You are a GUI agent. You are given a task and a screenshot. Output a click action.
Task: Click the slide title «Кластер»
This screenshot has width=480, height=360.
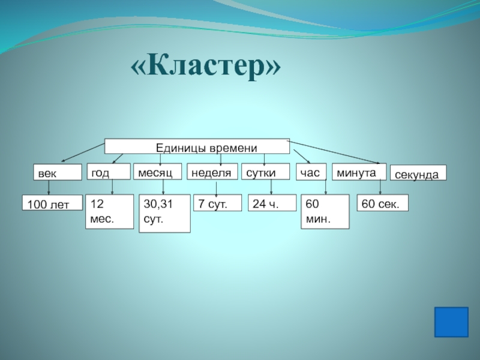click(206, 67)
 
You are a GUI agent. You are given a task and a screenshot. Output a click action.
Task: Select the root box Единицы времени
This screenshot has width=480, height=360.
click(197, 146)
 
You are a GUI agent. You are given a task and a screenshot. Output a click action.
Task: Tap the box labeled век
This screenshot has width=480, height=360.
click(57, 173)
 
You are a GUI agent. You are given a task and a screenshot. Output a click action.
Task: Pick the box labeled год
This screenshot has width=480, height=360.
click(109, 172)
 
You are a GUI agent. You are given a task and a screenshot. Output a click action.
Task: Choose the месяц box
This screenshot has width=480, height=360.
click(157, 172)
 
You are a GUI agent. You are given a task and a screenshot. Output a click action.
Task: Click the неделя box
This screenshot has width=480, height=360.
click(212, 172)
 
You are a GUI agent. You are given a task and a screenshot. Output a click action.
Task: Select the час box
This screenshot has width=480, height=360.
click(311, 172)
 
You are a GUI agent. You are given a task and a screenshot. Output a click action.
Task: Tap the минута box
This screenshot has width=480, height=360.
click(359, 172)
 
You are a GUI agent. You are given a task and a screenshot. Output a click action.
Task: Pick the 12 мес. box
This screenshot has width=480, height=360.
click(109, 211)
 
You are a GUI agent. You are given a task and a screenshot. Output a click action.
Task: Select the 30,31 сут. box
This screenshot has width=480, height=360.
click(164, 213)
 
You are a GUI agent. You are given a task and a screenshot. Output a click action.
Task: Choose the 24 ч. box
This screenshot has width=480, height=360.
click(272, 203)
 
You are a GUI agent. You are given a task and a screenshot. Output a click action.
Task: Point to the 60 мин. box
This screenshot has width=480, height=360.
click(325, 212)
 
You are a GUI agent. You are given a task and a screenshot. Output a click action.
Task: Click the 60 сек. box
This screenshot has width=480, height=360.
click(382, 203)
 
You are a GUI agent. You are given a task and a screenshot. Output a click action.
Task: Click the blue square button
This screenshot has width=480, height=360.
click(451, 323)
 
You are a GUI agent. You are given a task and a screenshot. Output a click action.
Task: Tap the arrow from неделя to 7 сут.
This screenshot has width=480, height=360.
click(217, 187)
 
